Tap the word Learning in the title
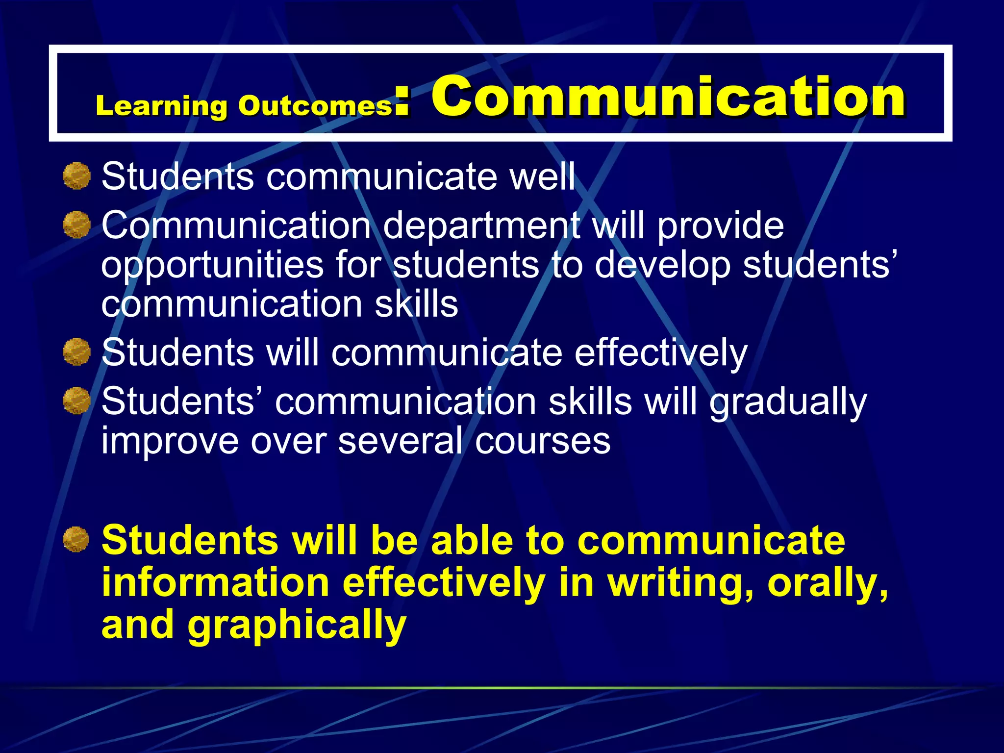(161, 106)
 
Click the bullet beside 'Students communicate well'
(77, 176)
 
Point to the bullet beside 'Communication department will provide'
(77, 225)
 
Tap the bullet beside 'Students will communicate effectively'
(77, 352)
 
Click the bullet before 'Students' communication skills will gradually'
(77, 401)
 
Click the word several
(400, 441)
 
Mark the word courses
(542, 441)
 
